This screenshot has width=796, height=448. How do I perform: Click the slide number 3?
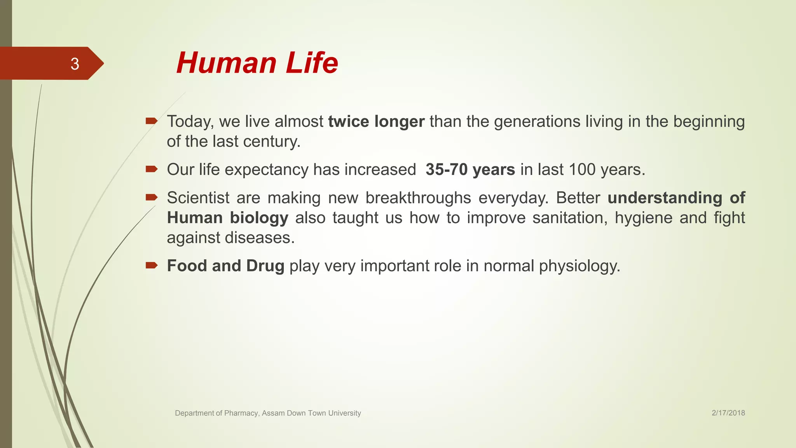[x=75, y=64]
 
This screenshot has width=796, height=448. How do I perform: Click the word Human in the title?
[x=227, y=63]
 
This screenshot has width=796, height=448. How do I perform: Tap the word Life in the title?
[x=312, y=63]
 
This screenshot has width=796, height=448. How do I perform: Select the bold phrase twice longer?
[x=376, y=122]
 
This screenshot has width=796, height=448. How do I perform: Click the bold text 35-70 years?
[x=470, y=170]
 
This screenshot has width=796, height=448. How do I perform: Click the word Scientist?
[x=198, y=198]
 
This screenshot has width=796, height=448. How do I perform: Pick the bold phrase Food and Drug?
[x=225, y=266]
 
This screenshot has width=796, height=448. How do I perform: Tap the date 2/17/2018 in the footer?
[x=728, y=413]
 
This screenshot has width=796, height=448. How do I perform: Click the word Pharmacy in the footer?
[x=241, y=413]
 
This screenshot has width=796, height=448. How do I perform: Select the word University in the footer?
[x=344, y=413]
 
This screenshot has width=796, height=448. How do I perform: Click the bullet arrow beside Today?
[x=151, y=121]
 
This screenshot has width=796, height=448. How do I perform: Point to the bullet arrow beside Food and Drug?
[x=151, y=266]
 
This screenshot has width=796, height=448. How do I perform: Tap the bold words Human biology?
[x=227, y=218]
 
